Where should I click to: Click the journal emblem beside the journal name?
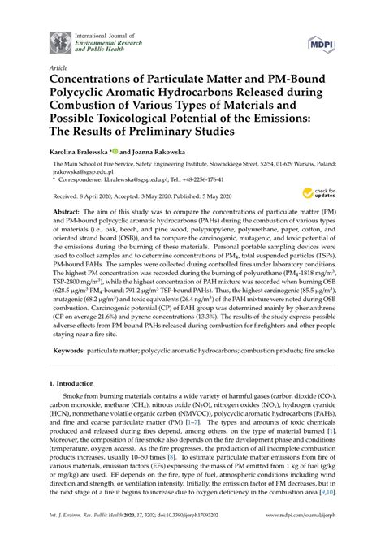pos(58,42)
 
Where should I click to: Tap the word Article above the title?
pos(58,69)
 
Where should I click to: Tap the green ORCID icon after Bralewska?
pos(117,150)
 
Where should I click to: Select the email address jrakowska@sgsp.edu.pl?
pos(76,173)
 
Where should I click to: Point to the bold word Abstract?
pos(71,211)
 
